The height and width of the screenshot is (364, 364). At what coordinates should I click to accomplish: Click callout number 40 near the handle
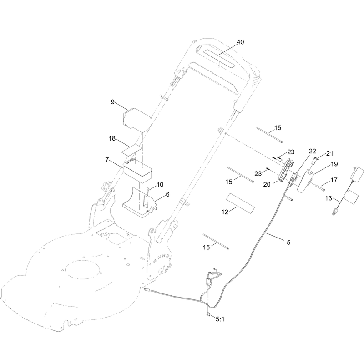click(x=240, y=42)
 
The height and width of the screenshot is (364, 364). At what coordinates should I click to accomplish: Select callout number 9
click(x=113, y=102)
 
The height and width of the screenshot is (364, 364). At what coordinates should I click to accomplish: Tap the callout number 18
click(x=112, y=139)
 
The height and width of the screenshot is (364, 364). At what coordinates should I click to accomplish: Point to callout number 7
click(x=107, y=160)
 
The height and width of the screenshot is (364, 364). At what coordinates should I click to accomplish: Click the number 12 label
click(x=225, y=212)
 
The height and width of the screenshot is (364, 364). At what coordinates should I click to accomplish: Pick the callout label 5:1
click(x=220, y=319)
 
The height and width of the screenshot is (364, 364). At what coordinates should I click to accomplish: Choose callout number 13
click(x=329, y=198)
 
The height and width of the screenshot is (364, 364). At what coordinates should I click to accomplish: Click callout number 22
click(x=313, y=151)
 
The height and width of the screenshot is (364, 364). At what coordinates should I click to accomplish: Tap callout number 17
click(x=334, y=180)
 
